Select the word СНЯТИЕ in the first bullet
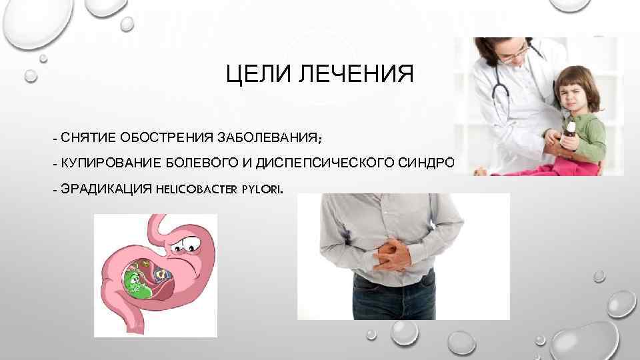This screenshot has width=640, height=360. tap(87, 138)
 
